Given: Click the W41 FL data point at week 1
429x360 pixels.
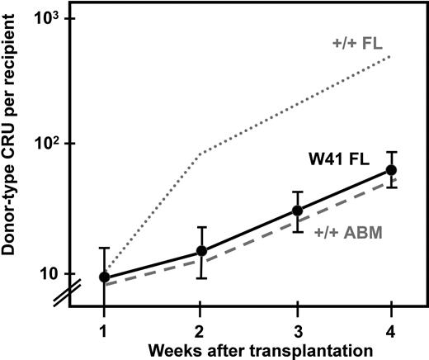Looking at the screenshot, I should pos(104,277).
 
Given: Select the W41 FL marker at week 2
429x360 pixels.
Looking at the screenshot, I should pos(200,250).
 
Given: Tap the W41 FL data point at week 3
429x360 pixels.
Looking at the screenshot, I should pos(297,211).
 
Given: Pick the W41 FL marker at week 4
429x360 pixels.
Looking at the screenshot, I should pos(392,169).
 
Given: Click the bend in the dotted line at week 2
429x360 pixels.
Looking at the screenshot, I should pos(200,153).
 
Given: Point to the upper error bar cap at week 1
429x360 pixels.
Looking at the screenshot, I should pos(104,248).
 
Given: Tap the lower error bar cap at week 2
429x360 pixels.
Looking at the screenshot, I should pos(200,278).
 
